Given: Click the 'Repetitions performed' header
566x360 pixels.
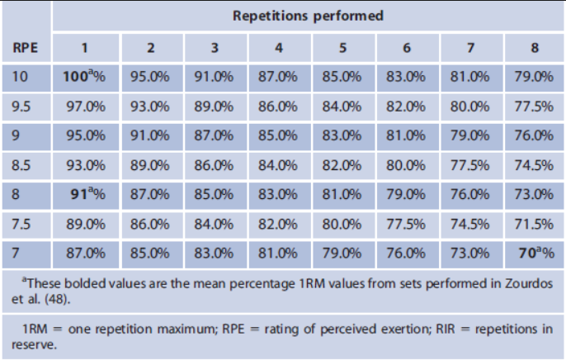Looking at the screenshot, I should [308, 17].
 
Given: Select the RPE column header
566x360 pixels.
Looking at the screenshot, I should [25, 47].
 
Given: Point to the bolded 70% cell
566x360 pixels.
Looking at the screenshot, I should [533, 253].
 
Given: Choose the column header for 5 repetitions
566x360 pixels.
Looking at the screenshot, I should [342, 47].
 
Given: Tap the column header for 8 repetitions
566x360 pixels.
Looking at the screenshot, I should [534, 47].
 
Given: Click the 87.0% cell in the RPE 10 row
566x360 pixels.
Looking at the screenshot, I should [277, 77].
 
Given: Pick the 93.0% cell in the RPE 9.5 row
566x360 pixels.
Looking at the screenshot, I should [150, 107].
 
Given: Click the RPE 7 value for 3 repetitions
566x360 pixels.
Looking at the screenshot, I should [214, 253].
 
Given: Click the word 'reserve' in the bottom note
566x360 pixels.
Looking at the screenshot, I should [37, 344].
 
